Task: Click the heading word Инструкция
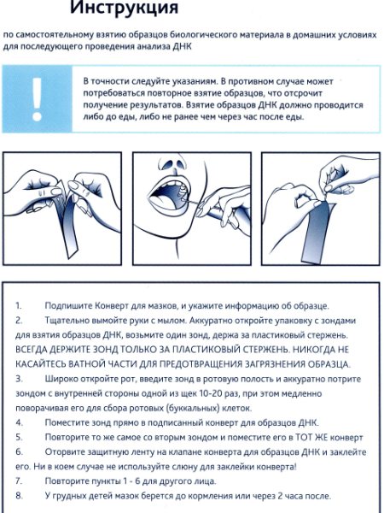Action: click(x=124, y=7)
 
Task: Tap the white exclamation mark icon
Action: click(x=37, y=99)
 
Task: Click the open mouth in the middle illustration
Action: click(x=167, y=197)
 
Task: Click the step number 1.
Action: click(x=18, y=306)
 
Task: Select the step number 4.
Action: click(x=19, y=422)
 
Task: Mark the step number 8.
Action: click(x=19, y=496)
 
